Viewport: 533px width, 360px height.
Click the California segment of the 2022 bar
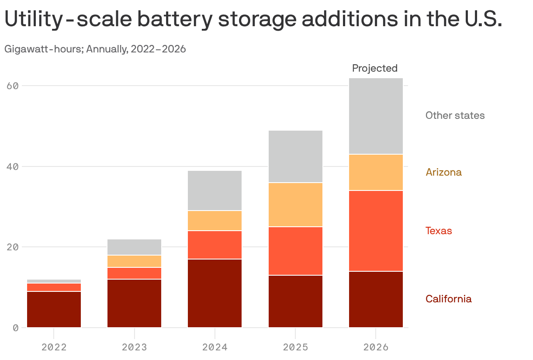click(54, 309)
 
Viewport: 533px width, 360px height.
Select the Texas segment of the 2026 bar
click(376, 231)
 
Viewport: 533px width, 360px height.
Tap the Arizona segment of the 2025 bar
click(295, 204)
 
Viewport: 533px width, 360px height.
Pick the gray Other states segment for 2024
click(215, 190)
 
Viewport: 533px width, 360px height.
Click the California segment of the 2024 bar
click(215, 293)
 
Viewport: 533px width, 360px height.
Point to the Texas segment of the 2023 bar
click(135, 273)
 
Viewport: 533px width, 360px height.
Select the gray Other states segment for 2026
click(376, 116)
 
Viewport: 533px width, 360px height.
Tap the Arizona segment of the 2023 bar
click(135, 261)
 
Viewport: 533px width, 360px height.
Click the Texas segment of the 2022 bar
click(54, 287)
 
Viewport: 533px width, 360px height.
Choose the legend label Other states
click(455, 115)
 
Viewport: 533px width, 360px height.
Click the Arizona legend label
click(443, 172)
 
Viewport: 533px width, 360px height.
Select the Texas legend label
click(439, 231)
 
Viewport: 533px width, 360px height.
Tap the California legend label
click(448, 299)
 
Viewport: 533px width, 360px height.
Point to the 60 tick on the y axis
click(13, 86)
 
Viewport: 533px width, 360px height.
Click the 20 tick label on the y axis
click(13, 247)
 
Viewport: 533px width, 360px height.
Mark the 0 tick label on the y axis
click(16, 328)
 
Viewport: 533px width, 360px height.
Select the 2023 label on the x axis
click(135, 347)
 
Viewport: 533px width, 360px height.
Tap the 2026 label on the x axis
click(376, 347)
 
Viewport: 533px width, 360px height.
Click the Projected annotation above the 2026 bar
click(375, 68)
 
